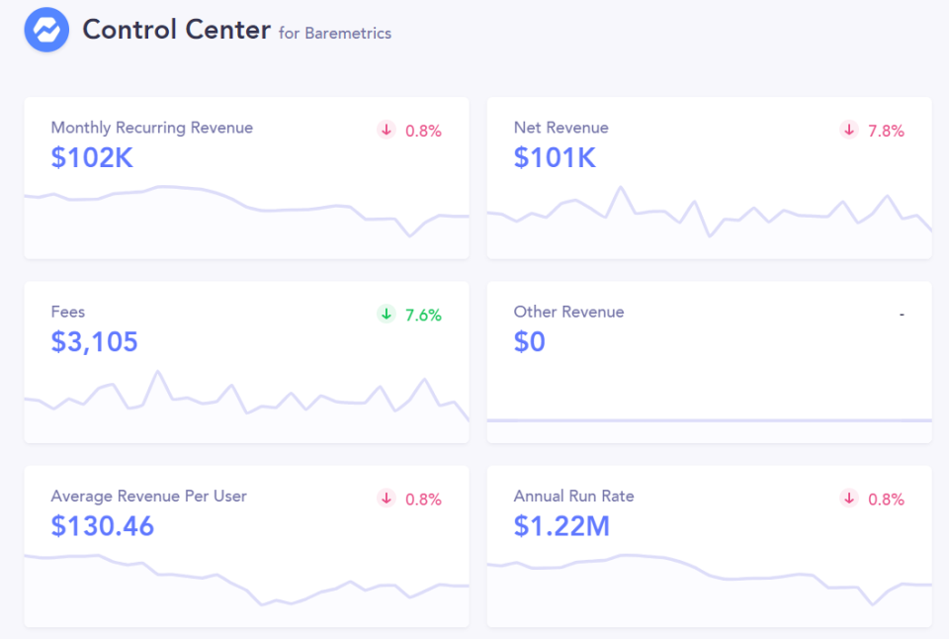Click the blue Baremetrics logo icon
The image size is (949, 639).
point(46,30)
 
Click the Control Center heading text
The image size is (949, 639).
point(176,30)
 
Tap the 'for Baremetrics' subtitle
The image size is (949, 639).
point(335,34)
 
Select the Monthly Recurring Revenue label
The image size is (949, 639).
point(151,128)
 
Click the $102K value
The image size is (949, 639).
point(92,157)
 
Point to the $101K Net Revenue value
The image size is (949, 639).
point(555,157)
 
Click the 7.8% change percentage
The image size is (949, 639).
point(886,131)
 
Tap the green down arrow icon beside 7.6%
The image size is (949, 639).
point(387,315)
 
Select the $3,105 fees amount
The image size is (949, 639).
point(94,342)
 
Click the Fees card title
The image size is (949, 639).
point(68,312)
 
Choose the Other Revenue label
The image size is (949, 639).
point(568,312)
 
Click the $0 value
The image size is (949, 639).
point(530,342)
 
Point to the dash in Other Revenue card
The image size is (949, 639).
point(902,315)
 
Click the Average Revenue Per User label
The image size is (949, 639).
point(148,496)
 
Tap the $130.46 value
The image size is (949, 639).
point(103,526)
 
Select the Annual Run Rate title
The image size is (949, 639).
point(573,496)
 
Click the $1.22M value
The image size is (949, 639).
point(561,526)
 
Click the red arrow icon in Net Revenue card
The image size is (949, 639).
point(849,130)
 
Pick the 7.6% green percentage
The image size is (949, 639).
point(423,315)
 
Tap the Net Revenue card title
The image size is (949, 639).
point(561,128)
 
